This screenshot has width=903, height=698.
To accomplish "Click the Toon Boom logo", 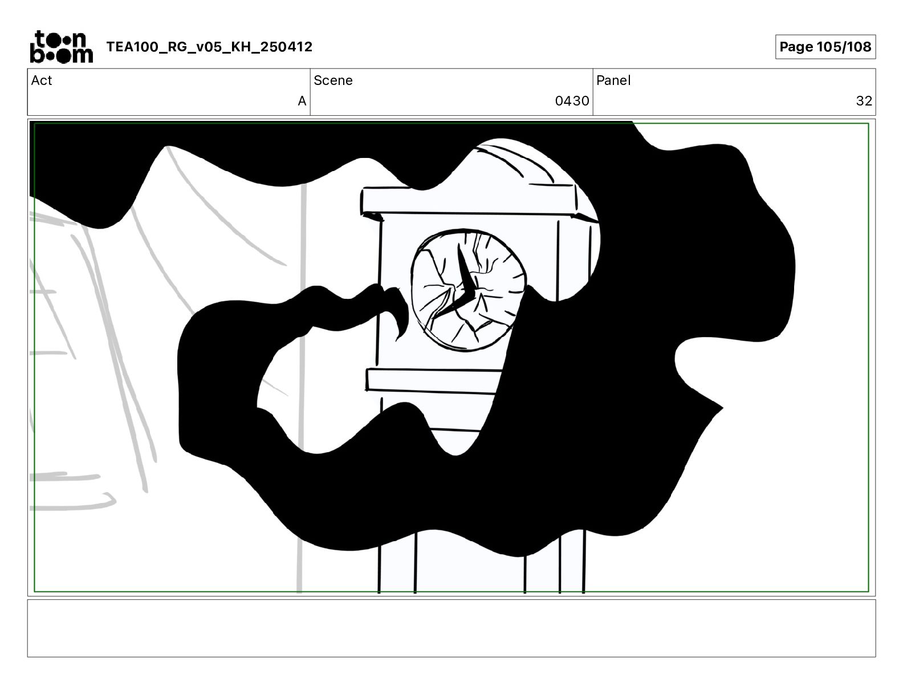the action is pos(62,47).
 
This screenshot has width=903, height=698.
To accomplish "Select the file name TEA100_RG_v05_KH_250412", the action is pos(209,47).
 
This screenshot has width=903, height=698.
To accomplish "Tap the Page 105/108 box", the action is pos(825,47).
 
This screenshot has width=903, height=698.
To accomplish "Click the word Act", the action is pos(42,80).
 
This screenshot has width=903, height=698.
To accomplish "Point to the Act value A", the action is pos(302,101).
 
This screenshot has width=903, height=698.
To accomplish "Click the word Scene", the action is pos(333,80).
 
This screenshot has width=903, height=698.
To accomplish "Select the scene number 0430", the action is pos(572,101).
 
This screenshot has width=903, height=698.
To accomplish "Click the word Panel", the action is pos(613,80).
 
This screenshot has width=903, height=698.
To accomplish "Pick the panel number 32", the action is pos(864,101).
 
